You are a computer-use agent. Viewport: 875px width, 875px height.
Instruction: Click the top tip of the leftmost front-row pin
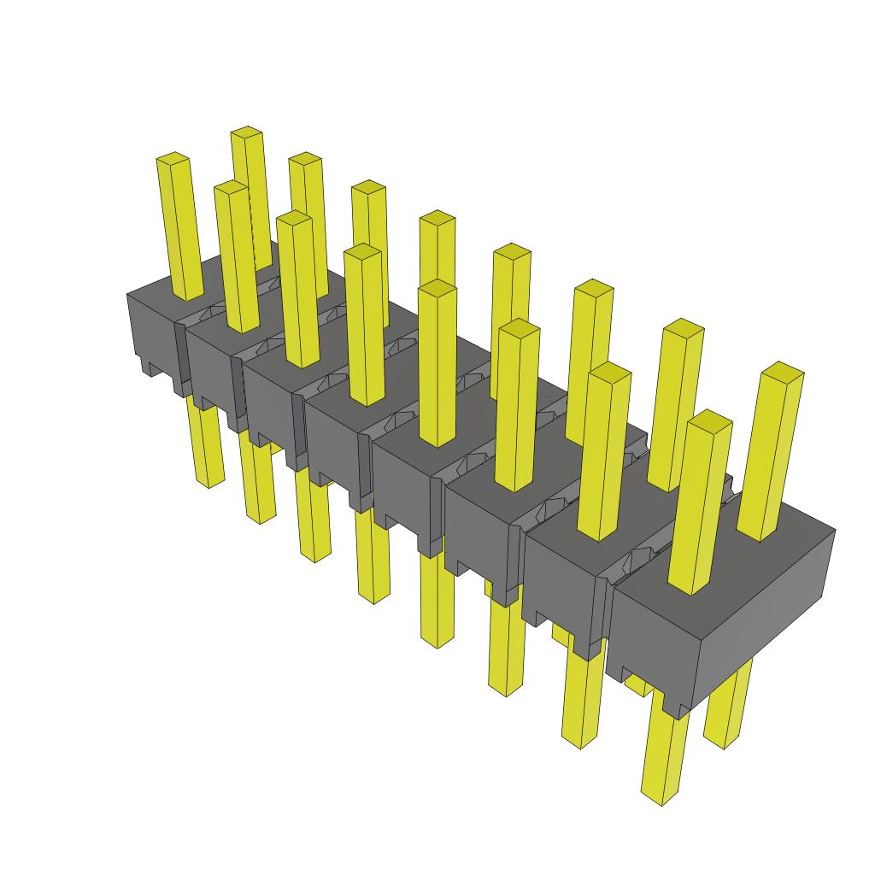[173, 158]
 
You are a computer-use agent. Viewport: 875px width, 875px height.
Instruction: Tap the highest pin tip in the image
[247, 132]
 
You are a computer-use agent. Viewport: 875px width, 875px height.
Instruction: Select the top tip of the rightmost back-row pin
[782, 369]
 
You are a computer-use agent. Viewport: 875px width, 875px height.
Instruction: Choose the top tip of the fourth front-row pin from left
[363, 250]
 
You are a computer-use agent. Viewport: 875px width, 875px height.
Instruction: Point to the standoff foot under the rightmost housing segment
[675, 706]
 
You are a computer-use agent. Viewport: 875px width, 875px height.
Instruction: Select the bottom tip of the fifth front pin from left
[437, 641]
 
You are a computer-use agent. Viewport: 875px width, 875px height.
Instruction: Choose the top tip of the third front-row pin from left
[294, 217]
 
